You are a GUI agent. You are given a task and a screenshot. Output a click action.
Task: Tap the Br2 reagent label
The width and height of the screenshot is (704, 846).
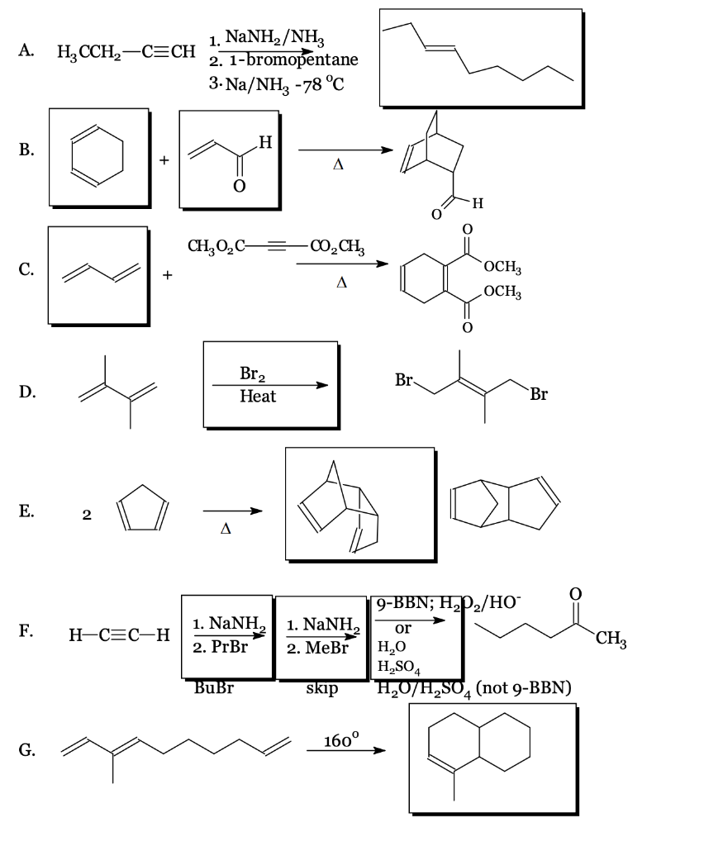click(253, 374)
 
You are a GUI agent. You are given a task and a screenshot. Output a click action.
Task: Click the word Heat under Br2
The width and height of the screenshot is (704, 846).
click(258, 397)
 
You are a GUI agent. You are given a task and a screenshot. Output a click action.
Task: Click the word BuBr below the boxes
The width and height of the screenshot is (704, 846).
click(213, 687)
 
